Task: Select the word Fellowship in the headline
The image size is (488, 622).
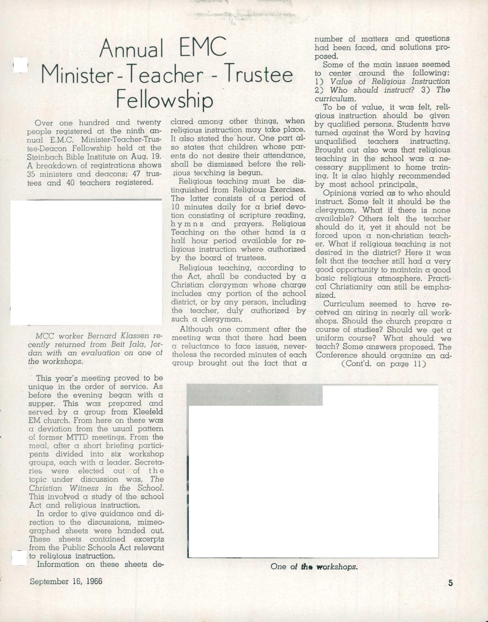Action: point(165,100)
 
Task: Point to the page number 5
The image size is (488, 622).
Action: point(451,583)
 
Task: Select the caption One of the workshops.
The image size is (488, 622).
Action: point(314,566)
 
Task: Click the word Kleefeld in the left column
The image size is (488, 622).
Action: point(148,412)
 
